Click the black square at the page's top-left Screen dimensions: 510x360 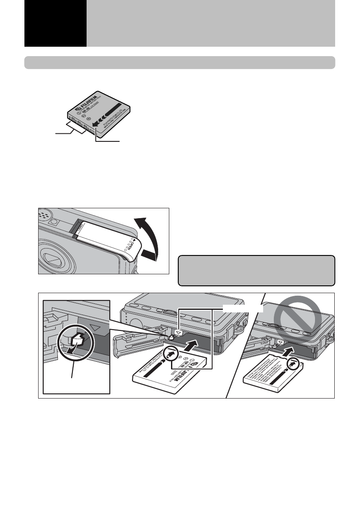(55, 23)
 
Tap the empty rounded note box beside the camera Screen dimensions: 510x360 (256, 270)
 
